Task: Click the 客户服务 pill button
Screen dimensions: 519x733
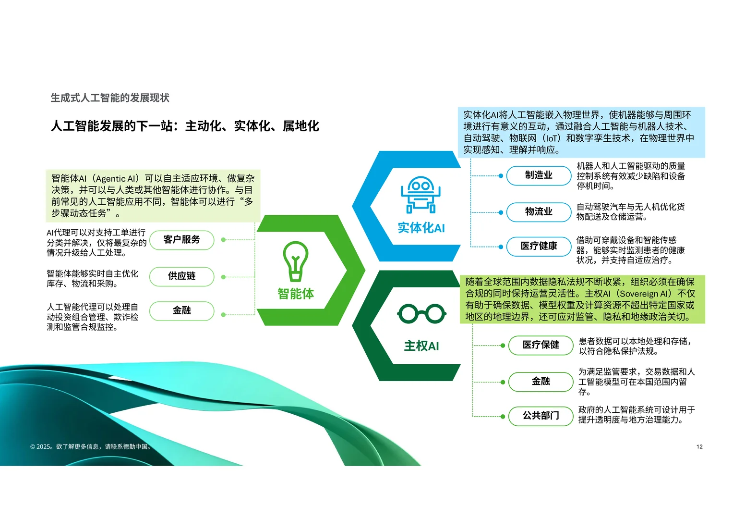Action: (181, 240)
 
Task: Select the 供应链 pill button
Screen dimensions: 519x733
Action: (181, 276)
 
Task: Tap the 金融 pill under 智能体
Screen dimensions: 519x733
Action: (181, 311)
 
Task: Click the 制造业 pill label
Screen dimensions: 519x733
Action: (539, 175)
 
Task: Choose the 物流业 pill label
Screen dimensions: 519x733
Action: (539, 212)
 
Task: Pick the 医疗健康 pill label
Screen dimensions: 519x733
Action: (539, 247)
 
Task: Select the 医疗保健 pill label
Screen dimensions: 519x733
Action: (541, 345)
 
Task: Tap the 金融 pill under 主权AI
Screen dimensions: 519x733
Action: (541, 382)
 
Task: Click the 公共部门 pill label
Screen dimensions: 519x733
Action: (541, 416)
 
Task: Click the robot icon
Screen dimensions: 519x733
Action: (421, 194)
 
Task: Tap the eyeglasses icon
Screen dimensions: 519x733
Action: (421, 314)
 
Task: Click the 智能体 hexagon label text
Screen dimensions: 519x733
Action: (296, 294)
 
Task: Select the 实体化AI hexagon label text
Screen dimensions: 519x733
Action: (421, 228)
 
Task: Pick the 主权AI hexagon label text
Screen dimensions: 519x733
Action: (421, 346)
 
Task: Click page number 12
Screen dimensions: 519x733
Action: (699, 447)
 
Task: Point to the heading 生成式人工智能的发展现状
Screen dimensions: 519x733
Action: (110, 98)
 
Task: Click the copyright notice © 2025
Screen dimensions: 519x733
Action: (91, 447)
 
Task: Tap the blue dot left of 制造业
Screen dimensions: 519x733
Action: (501, 176)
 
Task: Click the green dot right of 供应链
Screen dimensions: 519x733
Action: (223, 277)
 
